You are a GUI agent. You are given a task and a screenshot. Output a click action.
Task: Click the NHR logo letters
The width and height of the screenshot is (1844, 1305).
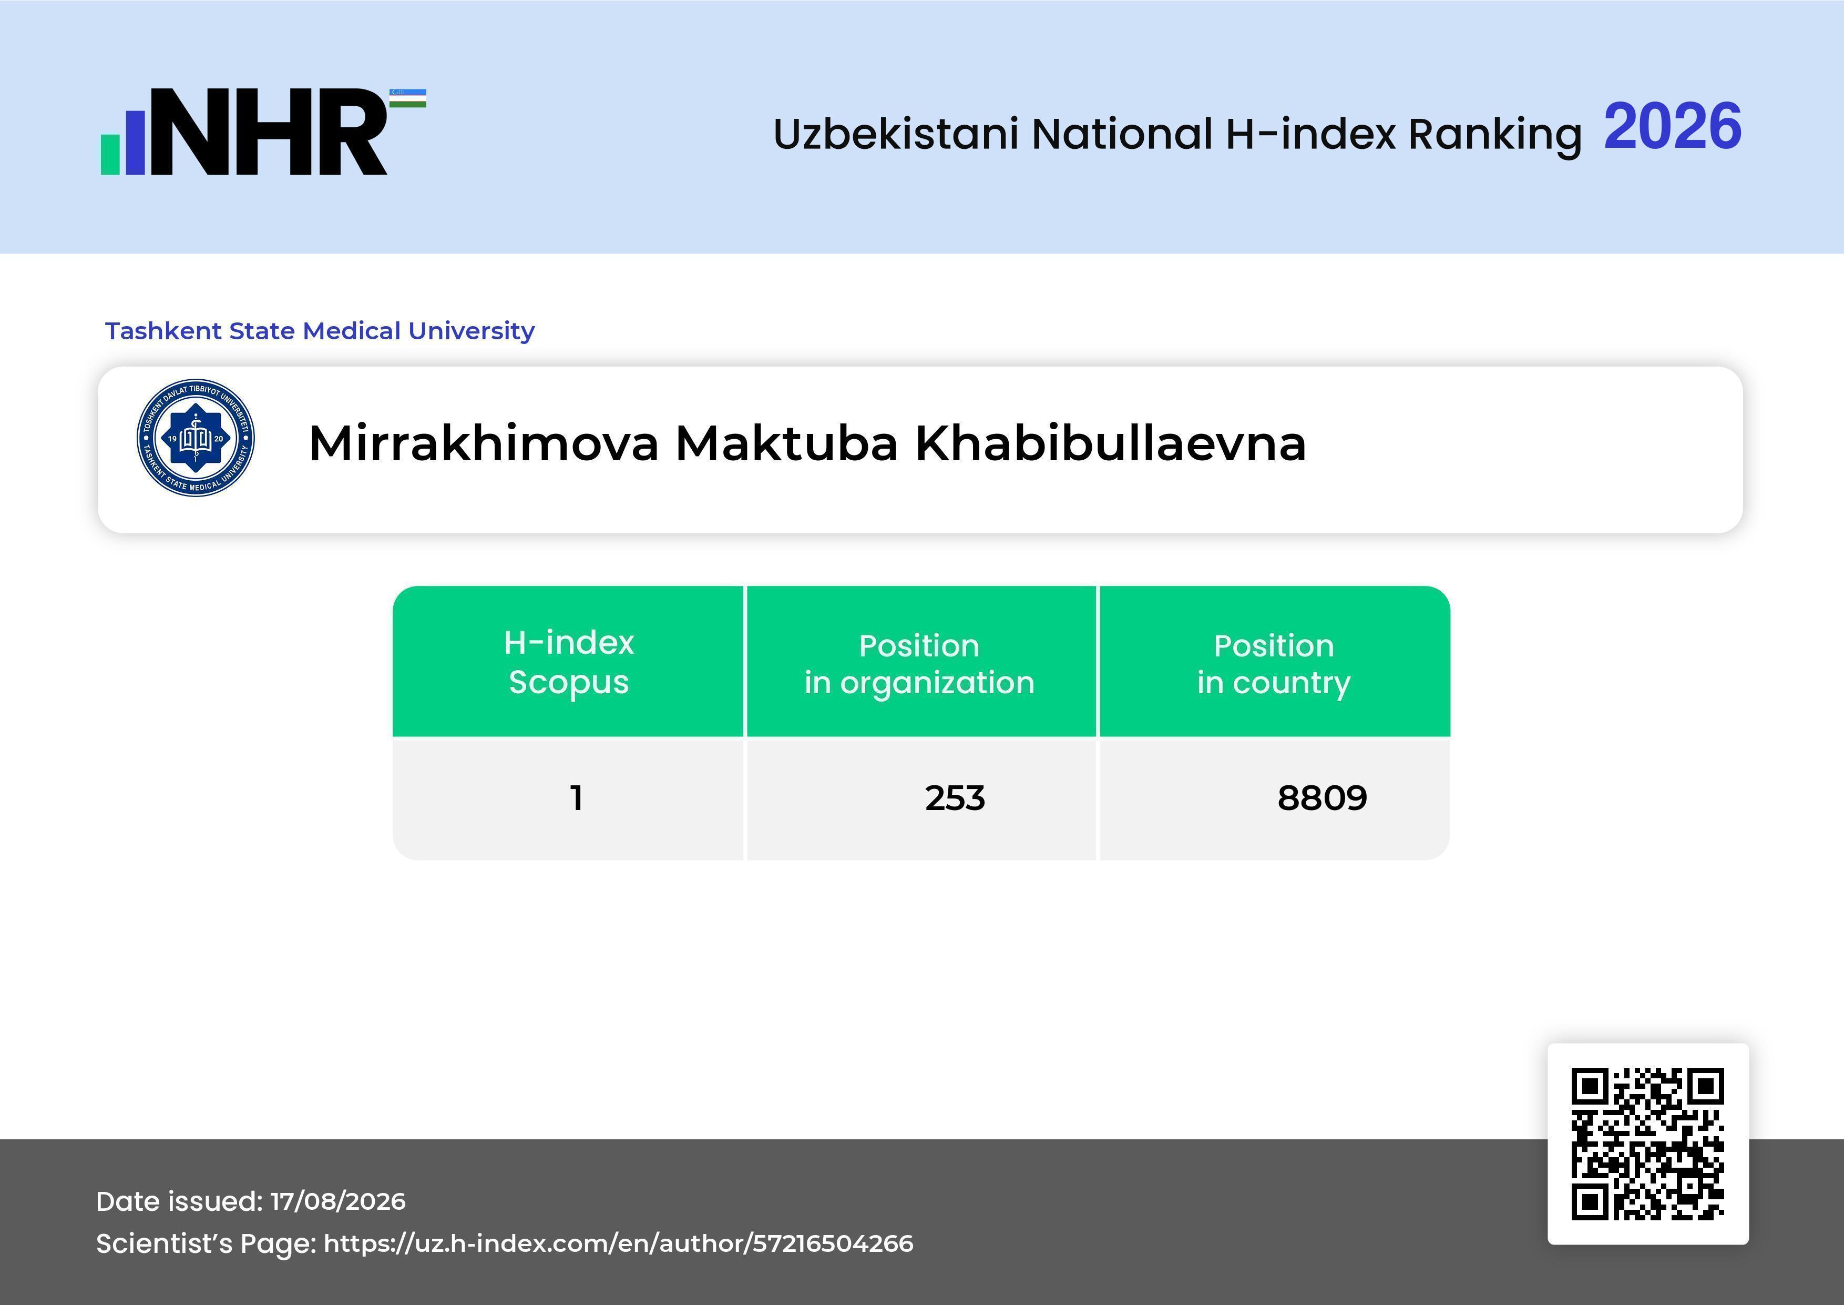(269, 132)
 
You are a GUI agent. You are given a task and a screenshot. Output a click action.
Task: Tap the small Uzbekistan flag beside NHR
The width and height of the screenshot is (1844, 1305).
(408, 98)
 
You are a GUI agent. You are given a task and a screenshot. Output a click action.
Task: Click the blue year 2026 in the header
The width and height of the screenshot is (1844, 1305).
(1672, 127)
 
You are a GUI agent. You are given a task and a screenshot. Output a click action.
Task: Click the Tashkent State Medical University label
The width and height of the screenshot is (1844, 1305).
(320, 330)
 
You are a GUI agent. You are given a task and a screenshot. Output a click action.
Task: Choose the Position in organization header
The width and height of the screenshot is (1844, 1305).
(919, 664)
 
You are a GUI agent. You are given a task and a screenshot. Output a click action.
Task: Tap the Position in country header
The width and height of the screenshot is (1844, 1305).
(1274, 664)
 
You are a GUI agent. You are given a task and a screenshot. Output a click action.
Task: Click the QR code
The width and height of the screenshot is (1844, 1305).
(1648, 1144)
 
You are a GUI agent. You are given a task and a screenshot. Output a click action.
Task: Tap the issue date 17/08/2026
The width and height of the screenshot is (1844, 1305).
(338, 1201)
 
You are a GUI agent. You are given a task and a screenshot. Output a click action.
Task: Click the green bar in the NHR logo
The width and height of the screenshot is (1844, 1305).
(110, 154)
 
